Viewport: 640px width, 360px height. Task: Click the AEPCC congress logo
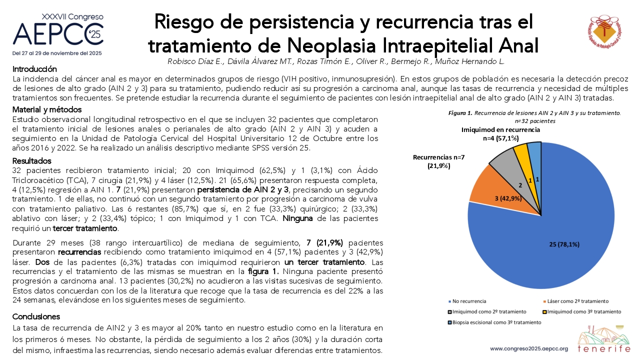[x=58, y=34]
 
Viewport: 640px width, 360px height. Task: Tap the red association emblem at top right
[x=604, y=31]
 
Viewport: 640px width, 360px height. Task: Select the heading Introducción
[x=34, y=69]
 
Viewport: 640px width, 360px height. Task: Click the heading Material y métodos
[x=47, y=109]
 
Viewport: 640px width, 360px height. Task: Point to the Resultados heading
[x=31, y=161]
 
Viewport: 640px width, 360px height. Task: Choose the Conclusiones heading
[x=36, y=316]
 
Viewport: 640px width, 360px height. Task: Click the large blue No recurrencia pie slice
[x=543, y=243]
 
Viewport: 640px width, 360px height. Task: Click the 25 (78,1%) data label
[x=564, y=244]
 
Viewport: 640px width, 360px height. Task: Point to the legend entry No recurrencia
[x=467, y=301]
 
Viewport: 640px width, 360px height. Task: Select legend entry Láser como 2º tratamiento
[x=575, y=301]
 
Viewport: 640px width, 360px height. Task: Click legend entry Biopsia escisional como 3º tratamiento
[x=495, y=322]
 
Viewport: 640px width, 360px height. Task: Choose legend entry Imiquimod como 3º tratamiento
[x=582, y=311]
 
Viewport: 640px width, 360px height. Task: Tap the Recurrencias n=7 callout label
[x=439, y=161]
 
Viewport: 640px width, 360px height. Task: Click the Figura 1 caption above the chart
[x=534, y=117]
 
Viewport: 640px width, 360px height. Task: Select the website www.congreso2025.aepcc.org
[x=529, y=349]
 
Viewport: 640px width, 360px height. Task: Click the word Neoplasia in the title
[x=332, y=45]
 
